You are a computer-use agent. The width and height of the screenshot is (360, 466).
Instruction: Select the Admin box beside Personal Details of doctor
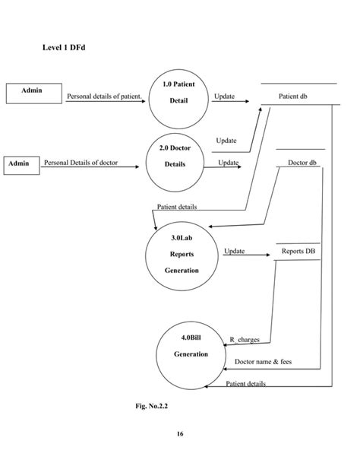(20, 163)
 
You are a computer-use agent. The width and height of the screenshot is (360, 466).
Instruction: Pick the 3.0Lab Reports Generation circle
(182, 255)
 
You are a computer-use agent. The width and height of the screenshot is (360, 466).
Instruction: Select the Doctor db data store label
(302, 163)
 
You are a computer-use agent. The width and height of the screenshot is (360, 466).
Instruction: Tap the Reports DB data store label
(298, 250)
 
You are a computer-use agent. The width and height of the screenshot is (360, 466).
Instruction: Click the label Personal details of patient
(105, 97)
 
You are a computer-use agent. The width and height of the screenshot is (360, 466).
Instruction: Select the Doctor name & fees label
(263, 362)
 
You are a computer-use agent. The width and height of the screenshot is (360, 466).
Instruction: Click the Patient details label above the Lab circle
(177, 206)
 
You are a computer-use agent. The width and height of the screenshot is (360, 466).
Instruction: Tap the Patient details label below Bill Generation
(246, 383)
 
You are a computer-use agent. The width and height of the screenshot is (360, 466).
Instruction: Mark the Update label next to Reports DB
(234, 250)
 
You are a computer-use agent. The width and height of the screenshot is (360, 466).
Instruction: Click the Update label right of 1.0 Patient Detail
(224, 97)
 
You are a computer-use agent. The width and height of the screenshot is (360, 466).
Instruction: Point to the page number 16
(179, 434)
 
